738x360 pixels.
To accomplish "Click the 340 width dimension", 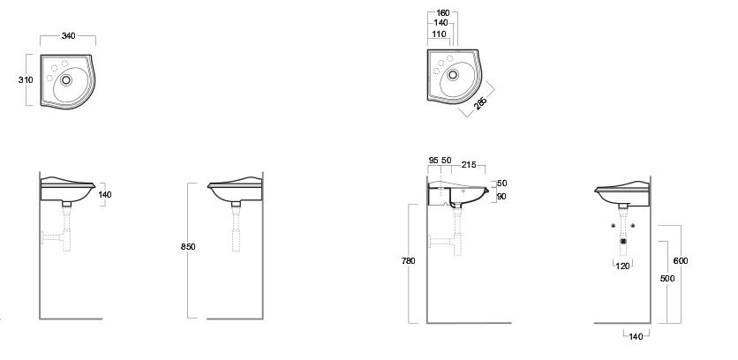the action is coord(68,36).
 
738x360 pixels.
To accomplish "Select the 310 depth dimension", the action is coord(26,80).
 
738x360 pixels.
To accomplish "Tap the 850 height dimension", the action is coord(188,246).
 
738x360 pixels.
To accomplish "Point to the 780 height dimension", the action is coord(408,260).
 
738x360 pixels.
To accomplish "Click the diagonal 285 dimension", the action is coord(480,103).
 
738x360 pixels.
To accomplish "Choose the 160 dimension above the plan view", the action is coord(442,13).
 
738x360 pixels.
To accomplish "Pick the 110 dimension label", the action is coord(439,34).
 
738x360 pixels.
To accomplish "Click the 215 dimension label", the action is coord(469,165).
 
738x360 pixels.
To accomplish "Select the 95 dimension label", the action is coord(433,161).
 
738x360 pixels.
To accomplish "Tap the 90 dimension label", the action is coord(501,197).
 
